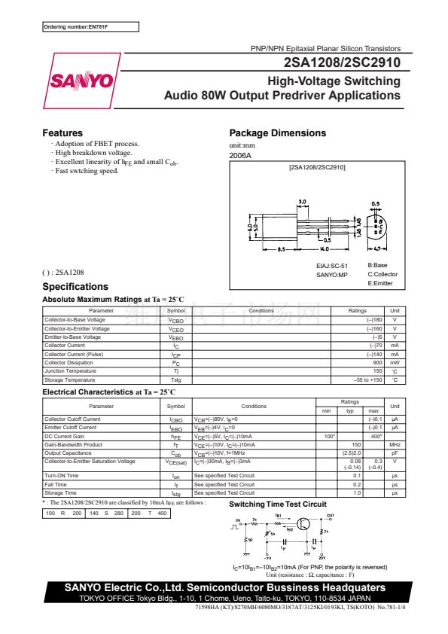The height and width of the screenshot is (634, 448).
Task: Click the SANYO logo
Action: pyautogui.click(x=81, y=81)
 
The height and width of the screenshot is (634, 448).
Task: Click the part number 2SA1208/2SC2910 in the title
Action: pyautogui.click(x=342, y=64)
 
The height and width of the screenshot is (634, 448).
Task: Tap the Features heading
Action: pyautogui.click(x=62, y=133)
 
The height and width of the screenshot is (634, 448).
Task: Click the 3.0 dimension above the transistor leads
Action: pyautogui.click(x=303, y=203)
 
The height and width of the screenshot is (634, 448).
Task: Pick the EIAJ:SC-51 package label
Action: pyautogui.click(x=332, y=266)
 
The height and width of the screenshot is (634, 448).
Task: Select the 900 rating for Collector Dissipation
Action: pyautogui.click(x=378, y=363)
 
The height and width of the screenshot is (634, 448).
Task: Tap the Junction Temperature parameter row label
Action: pyautogui.click(x=70, y=371)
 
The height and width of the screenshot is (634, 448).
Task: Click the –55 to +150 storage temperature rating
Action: pyautogui.click(x=368, y=380)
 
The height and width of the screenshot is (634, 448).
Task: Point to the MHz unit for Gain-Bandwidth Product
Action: pyautogui.click(x=394, y=445)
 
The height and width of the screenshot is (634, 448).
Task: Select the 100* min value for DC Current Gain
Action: pyautogui.click(x=329, y=436)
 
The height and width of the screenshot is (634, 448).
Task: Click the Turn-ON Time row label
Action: pyautogui.click(x=62, y=476)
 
